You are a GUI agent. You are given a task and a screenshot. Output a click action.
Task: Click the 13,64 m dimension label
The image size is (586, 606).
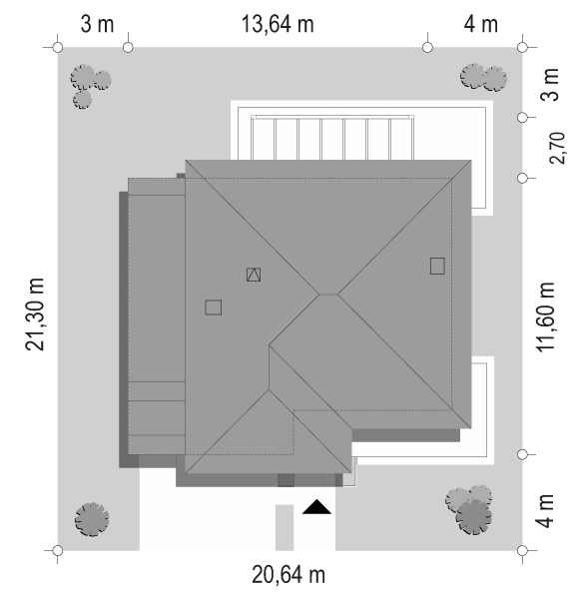tap(278, 24)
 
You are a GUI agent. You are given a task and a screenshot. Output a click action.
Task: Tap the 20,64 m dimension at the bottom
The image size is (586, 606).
tap(289, 574)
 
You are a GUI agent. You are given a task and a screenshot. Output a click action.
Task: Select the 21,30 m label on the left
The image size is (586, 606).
tap(35, 314)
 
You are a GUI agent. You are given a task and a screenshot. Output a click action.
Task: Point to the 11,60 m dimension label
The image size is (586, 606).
tap(545, 316)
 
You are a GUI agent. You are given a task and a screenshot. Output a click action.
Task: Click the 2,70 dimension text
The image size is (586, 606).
tap(557, 148)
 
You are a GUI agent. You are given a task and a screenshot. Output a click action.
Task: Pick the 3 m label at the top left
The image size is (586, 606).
tap(97, 24)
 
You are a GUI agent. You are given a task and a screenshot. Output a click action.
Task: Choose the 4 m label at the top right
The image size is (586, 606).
tap(480, 24)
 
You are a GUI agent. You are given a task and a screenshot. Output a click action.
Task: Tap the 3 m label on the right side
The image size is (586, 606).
tap(550, 84)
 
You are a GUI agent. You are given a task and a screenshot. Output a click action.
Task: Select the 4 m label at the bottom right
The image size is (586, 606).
tap(545, 511)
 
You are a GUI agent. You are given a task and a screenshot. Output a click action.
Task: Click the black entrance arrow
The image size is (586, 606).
tap(316, 507)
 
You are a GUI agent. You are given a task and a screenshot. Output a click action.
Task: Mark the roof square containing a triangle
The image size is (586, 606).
tap(254, 275)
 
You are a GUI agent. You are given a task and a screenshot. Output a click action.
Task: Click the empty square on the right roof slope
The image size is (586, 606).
tap(437, 266)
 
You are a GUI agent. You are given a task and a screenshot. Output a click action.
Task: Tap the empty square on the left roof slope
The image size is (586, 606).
tap(213, 307)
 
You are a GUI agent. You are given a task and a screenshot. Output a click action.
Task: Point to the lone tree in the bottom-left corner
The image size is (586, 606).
tap(92, 519)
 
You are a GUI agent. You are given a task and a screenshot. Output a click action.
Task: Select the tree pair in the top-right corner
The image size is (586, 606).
tap(483, 77)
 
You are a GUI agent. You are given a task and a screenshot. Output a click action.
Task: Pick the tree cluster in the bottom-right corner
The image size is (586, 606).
tap(469, 510)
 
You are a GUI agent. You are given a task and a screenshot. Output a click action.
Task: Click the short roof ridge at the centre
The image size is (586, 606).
tap(328, 295)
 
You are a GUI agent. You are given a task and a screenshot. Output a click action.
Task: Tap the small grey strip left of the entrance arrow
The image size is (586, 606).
tap(285, 527)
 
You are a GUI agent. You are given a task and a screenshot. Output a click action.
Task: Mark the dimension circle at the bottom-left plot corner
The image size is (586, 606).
tap(58, 550)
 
